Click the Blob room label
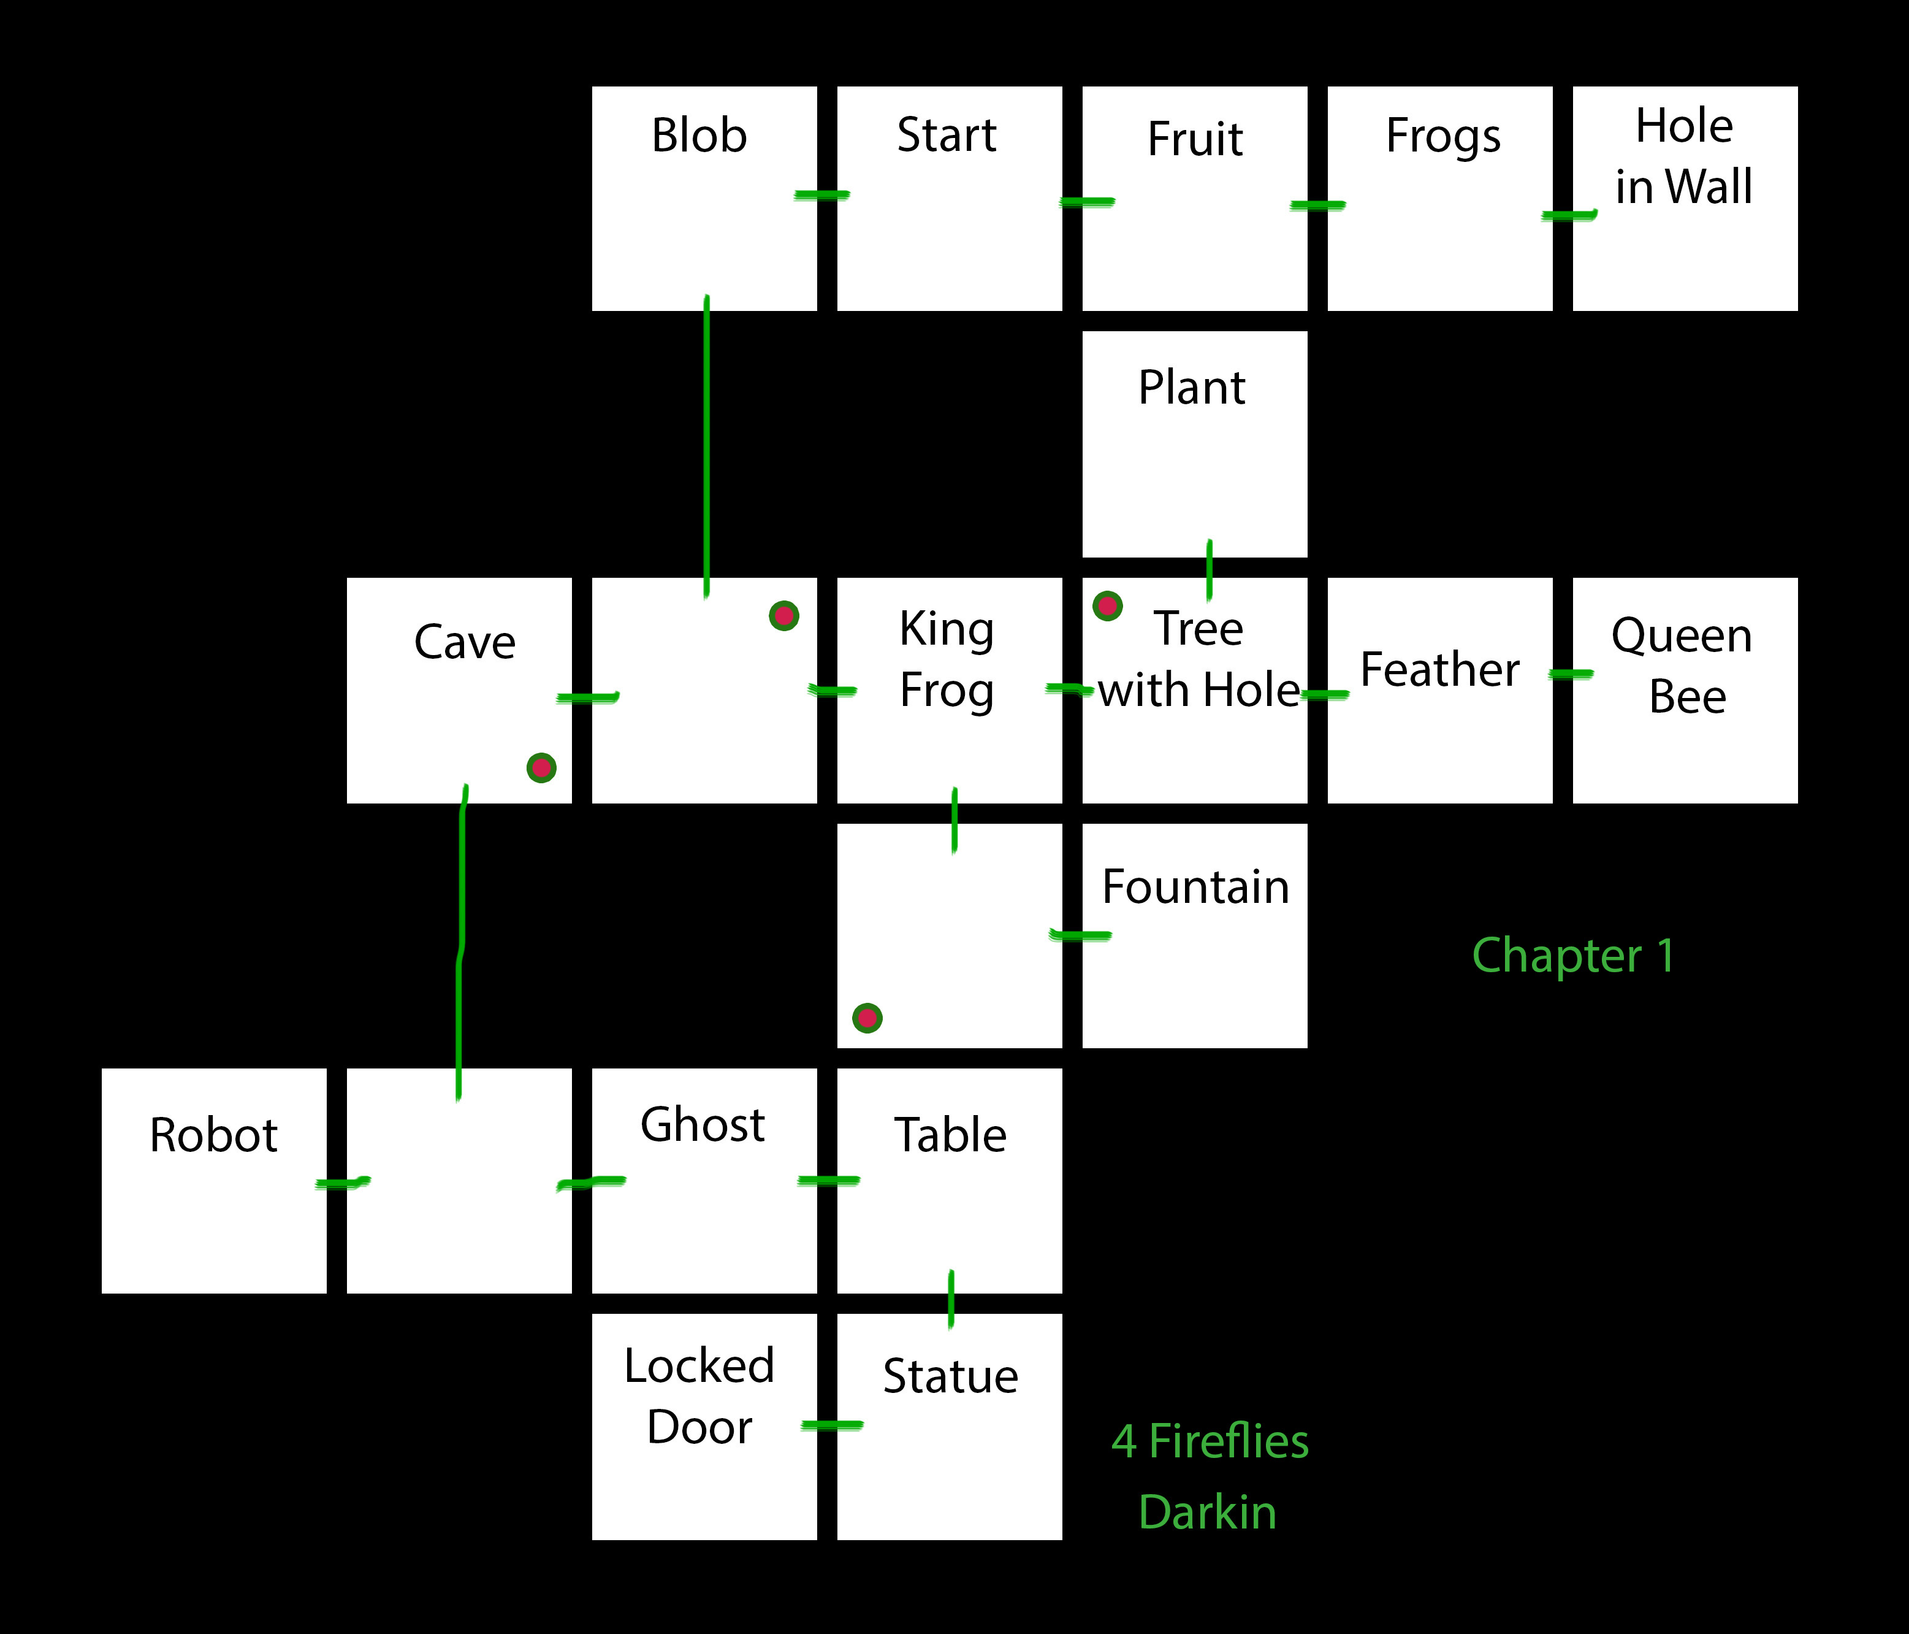(x=699, y=136)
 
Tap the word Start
(x=947, y=136)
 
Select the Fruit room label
(x=1195, y=139)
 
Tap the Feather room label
(x=1439, y=670)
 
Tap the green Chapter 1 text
(x=1574, y=956)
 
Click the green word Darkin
(x=1207, y=1513)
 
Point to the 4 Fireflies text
(x=1210, y=1441)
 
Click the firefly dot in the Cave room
(x=541, y=768)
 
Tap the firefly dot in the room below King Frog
(x=867, y=1018)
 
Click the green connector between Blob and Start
(x=822, y=194)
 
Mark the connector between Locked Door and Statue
(x=832, y=1425)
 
